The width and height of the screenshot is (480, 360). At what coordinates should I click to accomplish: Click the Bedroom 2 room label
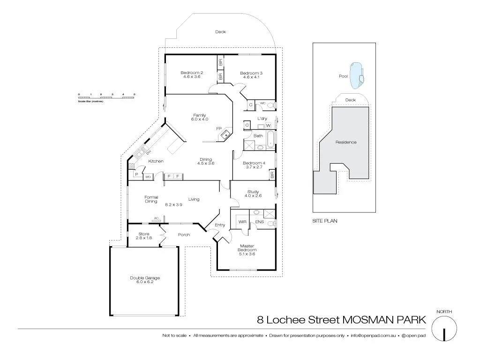tap(192, 73)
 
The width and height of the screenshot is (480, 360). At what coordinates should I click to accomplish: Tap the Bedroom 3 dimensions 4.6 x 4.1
tap(251, 78)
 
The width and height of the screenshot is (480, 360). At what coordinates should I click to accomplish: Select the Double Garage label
tap(145, 278)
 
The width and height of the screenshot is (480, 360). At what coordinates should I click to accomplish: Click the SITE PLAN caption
tap(324, 220)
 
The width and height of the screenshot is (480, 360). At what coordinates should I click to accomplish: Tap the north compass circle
tap(443, 328)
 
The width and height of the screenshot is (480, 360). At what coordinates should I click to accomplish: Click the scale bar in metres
tap(107, 97)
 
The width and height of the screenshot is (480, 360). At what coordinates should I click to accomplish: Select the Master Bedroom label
tap(247, 248)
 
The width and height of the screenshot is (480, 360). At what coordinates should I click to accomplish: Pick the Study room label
tap(253, 192)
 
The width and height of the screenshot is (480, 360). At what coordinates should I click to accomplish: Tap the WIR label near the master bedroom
tap(242, 222)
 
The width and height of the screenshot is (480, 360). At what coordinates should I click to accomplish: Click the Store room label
tap(144, 234)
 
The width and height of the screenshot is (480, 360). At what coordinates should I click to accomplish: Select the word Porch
tap(184, 234)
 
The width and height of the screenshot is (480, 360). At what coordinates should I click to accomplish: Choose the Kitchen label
tap(156, 161)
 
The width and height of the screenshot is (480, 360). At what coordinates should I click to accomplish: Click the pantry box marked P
tap(136, 174)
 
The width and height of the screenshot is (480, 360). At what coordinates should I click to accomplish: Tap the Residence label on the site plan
tap(346, 142)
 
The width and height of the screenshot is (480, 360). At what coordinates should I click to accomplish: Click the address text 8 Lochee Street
tap(299, 320)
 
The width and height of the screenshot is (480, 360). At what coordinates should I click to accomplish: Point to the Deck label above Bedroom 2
tap(220, 32)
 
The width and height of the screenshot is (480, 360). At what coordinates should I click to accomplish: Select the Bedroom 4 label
tap(254, 163)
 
